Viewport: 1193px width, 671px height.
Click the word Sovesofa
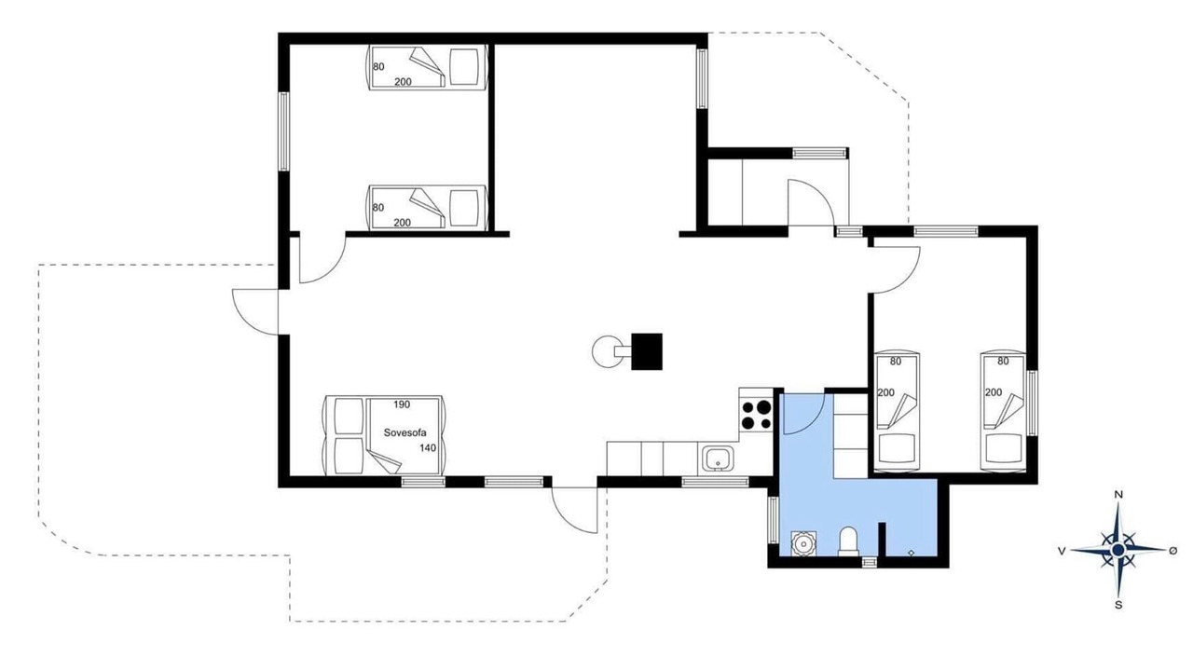pos(405,433)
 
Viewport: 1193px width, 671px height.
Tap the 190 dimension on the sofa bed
pos(402,404)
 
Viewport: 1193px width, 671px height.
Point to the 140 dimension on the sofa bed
pos(428,448)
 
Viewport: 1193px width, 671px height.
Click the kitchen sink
pos(718,459)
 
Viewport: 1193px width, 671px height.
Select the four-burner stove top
pos(756,415)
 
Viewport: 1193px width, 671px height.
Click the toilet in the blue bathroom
pos(848,541)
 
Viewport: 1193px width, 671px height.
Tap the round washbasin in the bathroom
pos(802,543)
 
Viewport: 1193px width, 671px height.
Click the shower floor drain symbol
pos(912,553)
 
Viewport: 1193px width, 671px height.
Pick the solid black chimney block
pos(647,351)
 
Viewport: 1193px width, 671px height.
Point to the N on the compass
pos(1118,495)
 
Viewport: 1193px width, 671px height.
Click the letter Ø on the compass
pos(1172,551)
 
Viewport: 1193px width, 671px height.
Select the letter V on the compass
pos(1062,551)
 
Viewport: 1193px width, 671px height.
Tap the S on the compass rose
pos(1118,605)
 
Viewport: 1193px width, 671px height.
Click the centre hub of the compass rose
pos(1118,550)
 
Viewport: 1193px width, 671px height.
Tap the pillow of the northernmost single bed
pos(464,67)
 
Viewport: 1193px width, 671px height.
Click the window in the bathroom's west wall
pos(773,520)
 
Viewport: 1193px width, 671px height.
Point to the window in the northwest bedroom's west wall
pos(284,131)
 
